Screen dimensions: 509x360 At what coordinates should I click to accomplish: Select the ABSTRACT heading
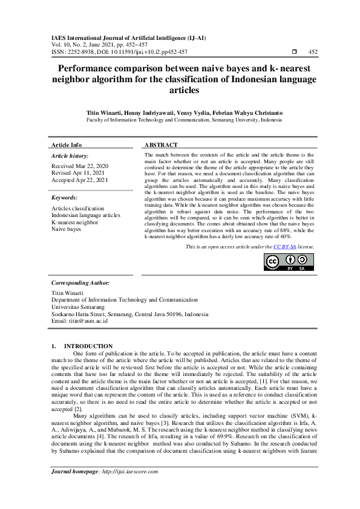161,145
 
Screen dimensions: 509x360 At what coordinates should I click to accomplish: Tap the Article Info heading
67,145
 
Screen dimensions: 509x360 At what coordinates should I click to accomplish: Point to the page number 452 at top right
313,53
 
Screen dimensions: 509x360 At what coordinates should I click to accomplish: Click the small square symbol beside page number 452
294,53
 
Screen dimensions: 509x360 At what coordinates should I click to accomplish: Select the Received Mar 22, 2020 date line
80,166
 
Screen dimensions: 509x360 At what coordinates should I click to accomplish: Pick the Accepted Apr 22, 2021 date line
80,180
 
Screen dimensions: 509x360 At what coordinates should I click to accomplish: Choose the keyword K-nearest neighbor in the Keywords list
74,222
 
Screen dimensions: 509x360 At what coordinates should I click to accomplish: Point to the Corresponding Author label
80,283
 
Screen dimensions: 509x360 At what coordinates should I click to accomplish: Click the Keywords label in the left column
64,198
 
